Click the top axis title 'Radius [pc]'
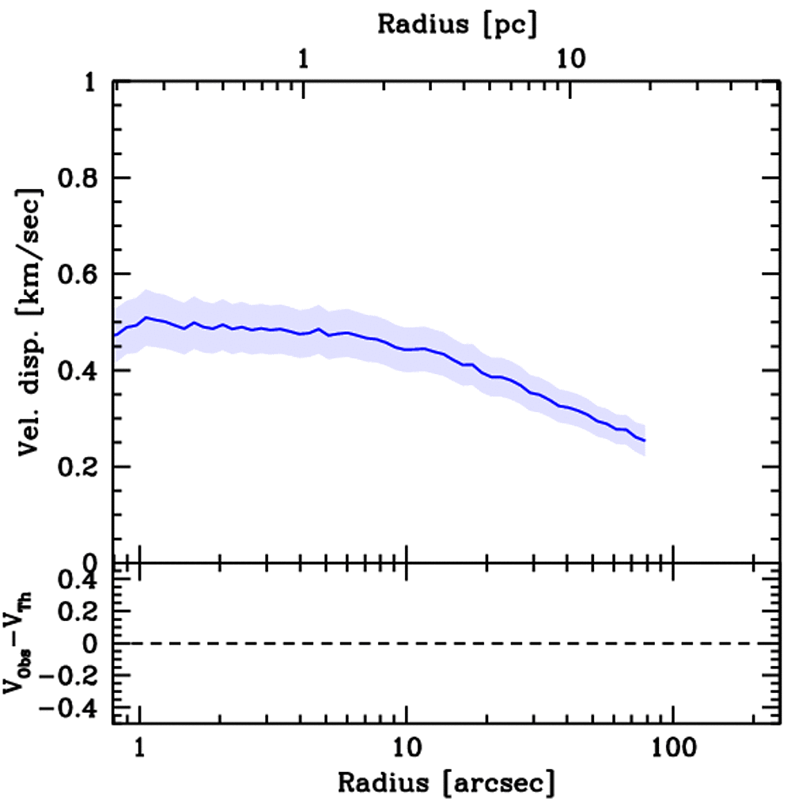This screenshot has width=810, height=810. pyautogui.click(x=457, y=25)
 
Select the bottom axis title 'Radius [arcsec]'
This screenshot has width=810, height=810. pyautogui.click(x=447, y=784)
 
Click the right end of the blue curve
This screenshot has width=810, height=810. pyautogui.click(x=645, y=441)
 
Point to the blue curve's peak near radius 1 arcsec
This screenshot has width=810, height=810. pyautogui.click(x=146, y=317)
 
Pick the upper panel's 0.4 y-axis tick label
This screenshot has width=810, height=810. pyautogui.click(x=81, y=371)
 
